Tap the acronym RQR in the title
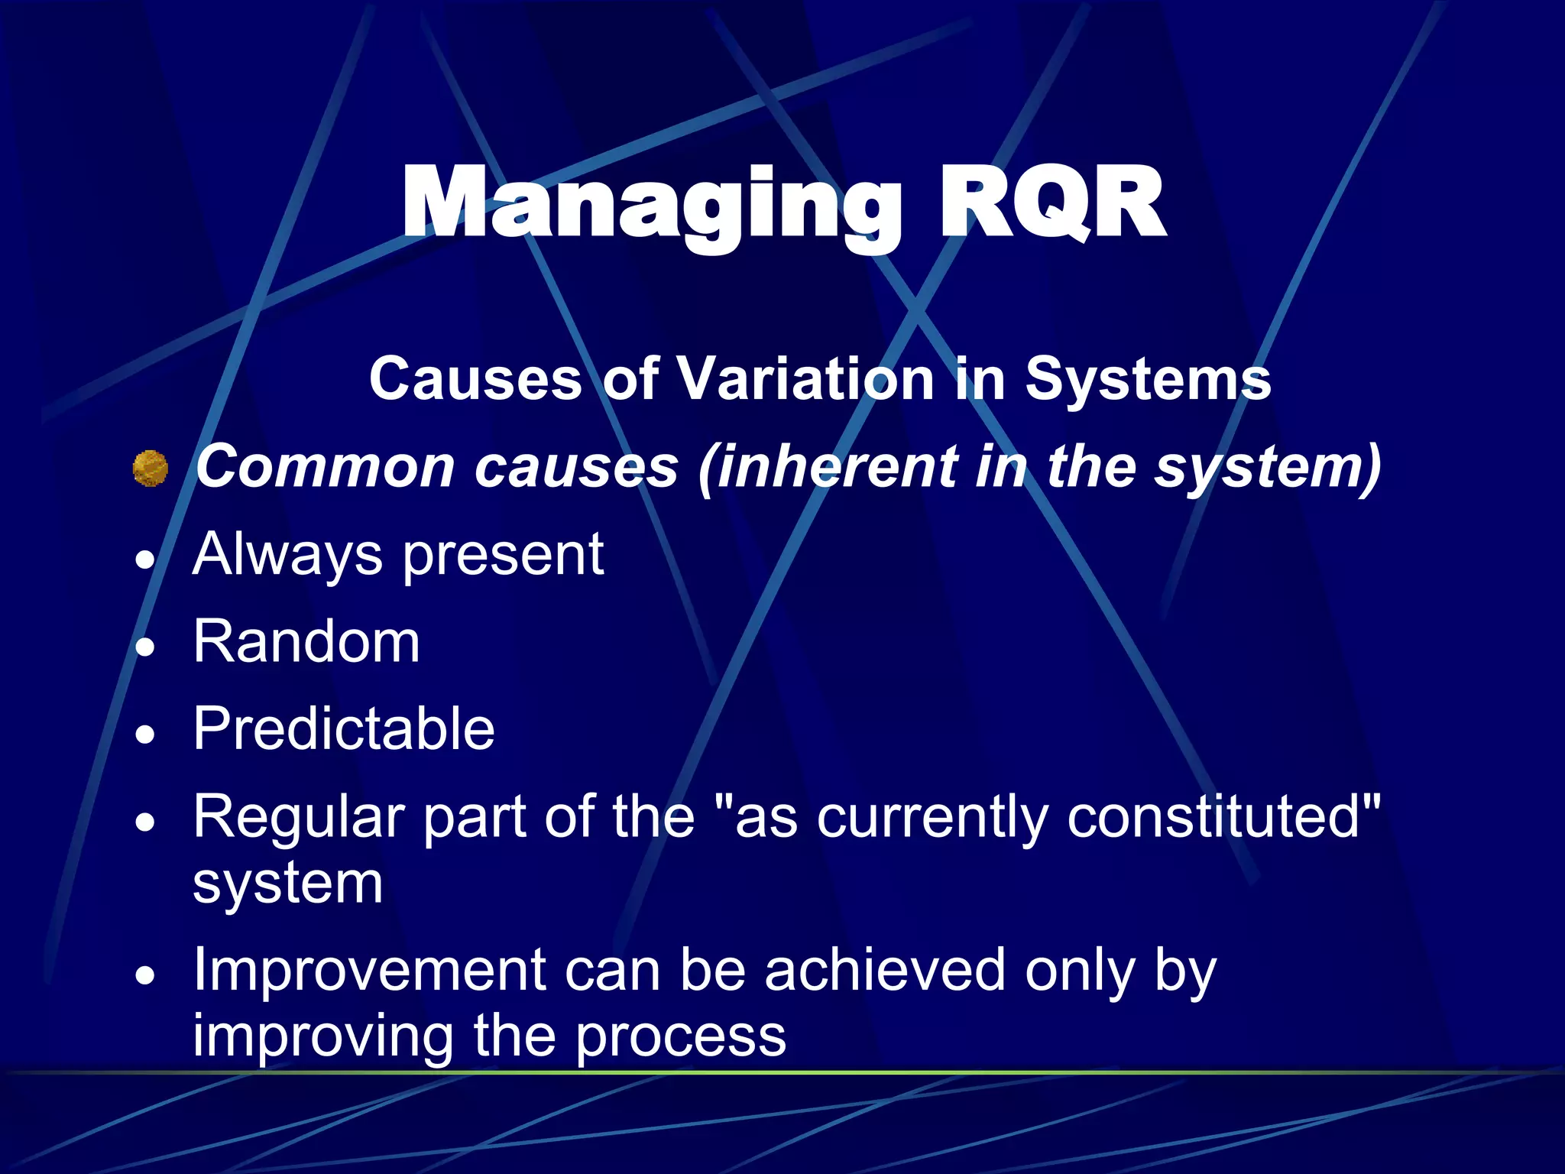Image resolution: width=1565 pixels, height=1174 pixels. [x=1051, y=205]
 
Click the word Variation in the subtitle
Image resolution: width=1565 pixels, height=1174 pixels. [x=805, y=379]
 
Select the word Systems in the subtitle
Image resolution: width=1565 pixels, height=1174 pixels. [x=1148, y=379]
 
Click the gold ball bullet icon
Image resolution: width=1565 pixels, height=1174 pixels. [x=150, y=469]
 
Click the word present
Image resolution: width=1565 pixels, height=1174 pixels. [x=504, y=555]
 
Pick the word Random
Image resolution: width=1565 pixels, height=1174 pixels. [x=306, y=642]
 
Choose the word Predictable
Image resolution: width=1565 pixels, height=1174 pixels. [x=344, y=729]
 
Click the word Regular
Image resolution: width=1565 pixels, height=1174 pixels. [x=299, y=818]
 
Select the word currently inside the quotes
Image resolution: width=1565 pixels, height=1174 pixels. [x=932, y=818]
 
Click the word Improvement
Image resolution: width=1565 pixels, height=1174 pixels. [x=370, y=971]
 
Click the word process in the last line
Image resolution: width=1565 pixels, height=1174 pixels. [x=680, y=1038]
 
